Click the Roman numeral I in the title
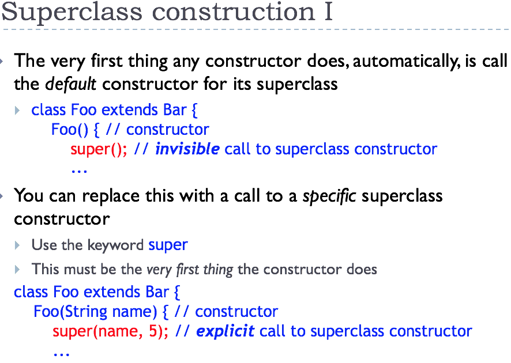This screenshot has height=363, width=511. click(328, 12)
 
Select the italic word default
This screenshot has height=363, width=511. click(70, 84)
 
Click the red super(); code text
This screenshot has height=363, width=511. click(99, 149)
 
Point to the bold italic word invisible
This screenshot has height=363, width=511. click(187, 149)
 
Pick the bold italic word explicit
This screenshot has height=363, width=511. click(225, 331)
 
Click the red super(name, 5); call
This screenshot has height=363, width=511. click(111, 331)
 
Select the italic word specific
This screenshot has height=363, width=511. click(329, 196)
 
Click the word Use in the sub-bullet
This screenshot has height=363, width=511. click(44, 245)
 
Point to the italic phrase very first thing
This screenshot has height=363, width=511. click(190, 270)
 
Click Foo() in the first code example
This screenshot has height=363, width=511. click(70, 130)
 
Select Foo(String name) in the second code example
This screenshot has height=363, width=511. click(95, 312)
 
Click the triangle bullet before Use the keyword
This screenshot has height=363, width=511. click(17, 245)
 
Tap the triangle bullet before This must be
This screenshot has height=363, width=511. click(17, 269)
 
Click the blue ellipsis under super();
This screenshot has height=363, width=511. click(79, 171)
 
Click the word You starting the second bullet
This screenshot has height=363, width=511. click(29, 196)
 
